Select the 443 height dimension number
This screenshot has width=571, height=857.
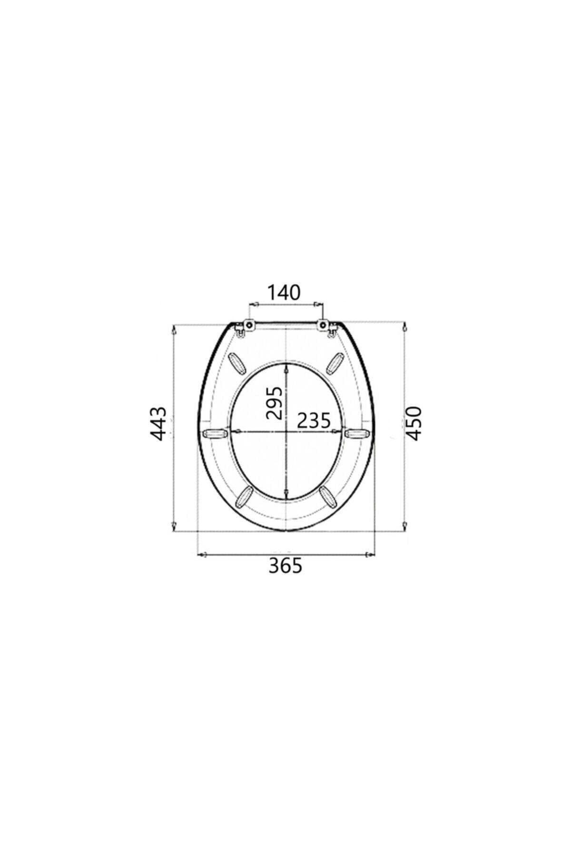pyautogui.click(x=158, y=423)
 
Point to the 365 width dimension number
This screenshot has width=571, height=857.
pyautogui.click(x=285, y=566)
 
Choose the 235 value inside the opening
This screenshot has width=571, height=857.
pyautogui.click(x=314, y=420)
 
